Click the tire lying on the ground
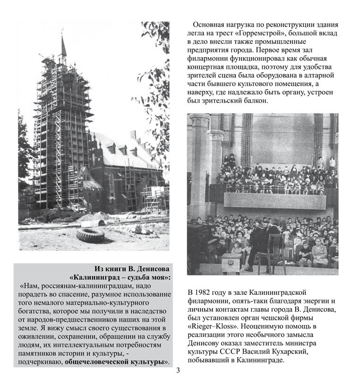[90, 235]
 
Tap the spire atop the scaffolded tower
[63, 46]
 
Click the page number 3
[178, 370]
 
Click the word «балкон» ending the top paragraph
[255, 101]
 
